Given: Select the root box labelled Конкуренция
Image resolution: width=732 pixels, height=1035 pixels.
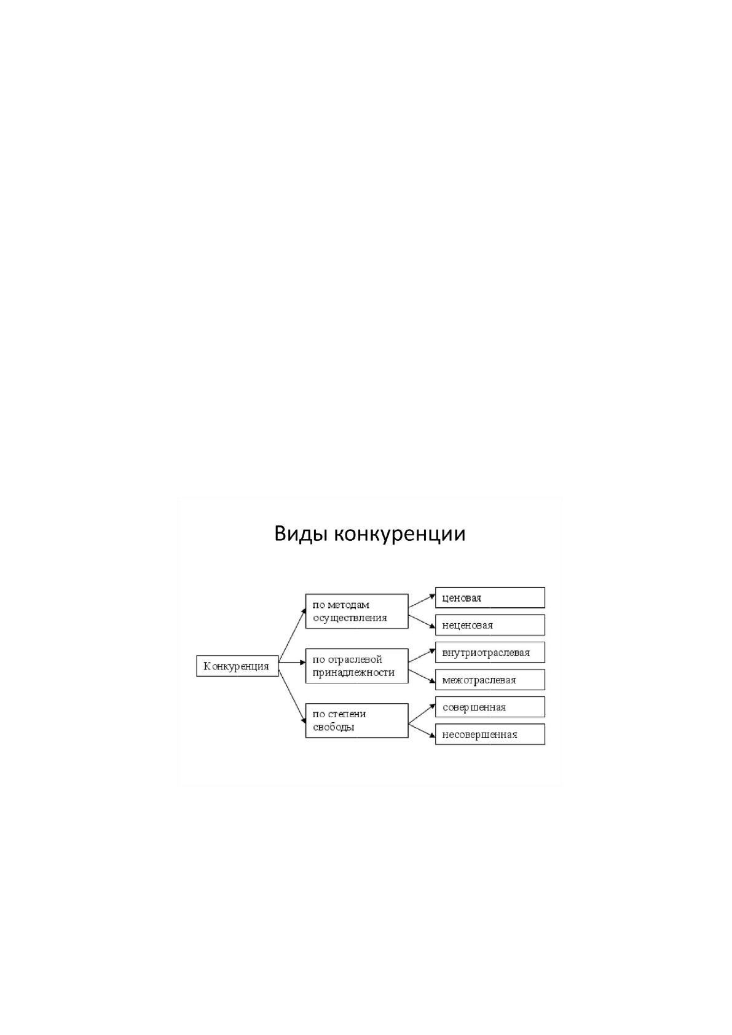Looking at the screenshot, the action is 237,666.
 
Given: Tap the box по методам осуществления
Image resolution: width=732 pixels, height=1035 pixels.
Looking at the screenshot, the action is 356,612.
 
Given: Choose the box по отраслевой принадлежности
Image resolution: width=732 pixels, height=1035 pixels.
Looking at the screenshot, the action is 356,666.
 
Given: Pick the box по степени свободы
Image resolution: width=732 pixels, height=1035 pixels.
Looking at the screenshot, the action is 356,720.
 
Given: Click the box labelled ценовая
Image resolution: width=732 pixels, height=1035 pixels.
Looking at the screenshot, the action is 490,597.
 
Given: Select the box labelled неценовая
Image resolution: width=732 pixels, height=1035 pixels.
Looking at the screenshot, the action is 490,624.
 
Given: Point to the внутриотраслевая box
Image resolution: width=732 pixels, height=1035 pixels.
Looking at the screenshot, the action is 490,653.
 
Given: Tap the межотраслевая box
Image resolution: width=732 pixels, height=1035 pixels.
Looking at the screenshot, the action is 490,680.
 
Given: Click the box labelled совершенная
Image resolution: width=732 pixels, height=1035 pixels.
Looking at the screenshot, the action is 490,707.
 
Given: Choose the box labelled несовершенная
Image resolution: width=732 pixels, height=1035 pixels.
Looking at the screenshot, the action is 490,734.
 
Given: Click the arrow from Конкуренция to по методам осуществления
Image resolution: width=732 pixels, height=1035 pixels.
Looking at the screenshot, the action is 292,636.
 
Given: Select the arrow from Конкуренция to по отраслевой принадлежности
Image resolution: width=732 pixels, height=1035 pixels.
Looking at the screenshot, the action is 292,663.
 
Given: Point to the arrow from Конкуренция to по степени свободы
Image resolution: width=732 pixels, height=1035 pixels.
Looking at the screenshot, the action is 292,693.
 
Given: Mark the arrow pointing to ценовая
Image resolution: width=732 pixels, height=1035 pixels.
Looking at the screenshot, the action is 422,601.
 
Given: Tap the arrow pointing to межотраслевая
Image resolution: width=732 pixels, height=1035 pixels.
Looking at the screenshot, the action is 422,677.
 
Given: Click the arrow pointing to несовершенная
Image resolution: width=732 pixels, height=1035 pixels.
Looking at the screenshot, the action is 422,731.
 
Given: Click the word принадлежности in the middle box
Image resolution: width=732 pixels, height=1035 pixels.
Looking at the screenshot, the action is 353,673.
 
